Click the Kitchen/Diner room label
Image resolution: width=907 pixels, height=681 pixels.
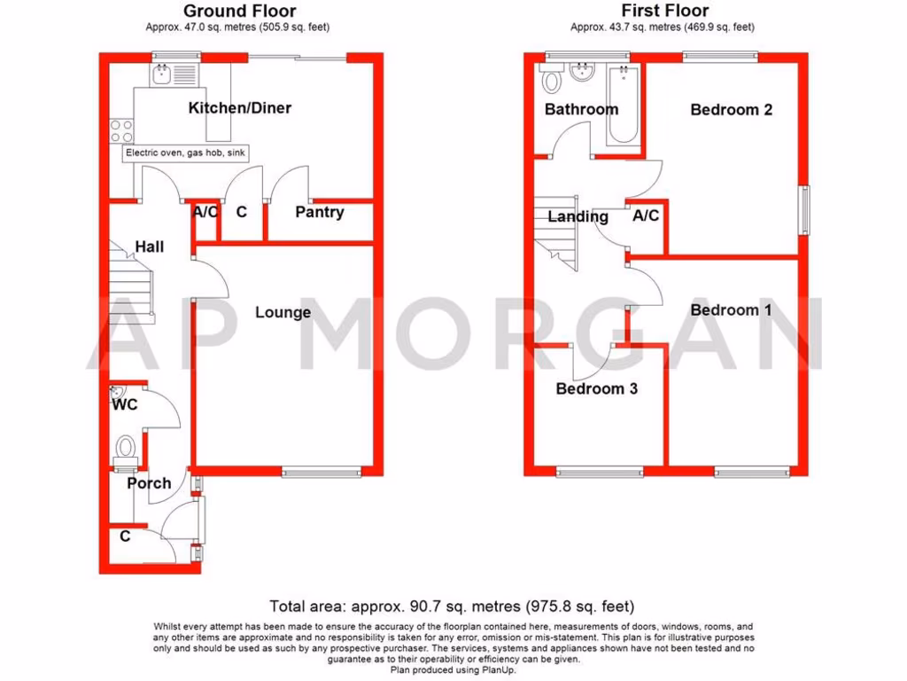[x=239, y=108]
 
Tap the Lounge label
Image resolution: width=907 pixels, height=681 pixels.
[x=283, y=312]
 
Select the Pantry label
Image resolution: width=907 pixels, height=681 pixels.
[x=319, y=213]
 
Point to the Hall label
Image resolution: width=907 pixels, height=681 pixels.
[x=149, y=247]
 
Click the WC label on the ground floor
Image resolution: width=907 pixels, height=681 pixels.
[x=125, y=405]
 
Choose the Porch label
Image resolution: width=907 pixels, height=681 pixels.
[x=149, y=483]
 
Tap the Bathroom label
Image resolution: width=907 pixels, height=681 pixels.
[x=581, y=109]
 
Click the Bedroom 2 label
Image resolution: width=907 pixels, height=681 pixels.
[x=731, y=110]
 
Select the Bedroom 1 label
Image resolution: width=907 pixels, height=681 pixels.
[x=731, y=310]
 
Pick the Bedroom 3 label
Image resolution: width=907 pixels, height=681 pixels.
[x=596, y=388]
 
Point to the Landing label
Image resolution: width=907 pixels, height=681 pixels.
[x=578, y=216]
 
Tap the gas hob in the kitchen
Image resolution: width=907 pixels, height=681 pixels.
[x=121, y=131]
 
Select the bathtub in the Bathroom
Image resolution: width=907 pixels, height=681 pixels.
[x=624, y=106]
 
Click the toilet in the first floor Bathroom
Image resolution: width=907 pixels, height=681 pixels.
[x=553, y=82]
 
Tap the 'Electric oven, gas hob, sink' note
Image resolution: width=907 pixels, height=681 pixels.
[x=185, y=153]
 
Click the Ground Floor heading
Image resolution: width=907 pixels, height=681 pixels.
[x=239, y=12]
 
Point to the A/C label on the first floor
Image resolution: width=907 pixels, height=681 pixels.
[x=646, y=215]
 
